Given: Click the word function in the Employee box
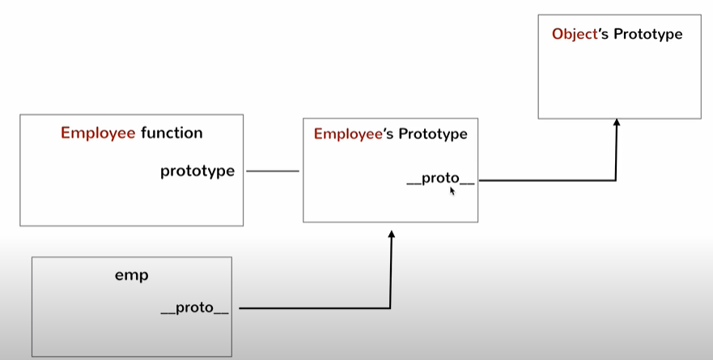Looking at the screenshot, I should [172, 133].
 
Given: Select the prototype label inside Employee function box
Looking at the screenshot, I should [197, 171].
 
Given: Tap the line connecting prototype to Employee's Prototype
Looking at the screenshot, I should [273, 171].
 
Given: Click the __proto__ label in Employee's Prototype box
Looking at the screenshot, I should [440, 179].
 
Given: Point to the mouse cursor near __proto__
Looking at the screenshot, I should [452, 191].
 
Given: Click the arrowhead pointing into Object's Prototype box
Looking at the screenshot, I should [616, 123].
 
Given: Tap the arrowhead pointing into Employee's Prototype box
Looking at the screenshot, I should [391, 234].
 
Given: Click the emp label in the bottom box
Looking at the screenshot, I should [131, 275].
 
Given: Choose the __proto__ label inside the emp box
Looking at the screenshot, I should [194, 308].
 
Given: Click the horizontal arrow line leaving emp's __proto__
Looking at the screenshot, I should [316, 308].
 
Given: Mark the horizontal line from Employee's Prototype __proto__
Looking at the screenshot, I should [546, 180].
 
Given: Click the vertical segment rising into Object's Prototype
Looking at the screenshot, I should [616, 154].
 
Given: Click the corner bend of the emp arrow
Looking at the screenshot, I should [391, 308].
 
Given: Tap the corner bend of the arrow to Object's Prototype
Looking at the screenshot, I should [616, 180].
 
